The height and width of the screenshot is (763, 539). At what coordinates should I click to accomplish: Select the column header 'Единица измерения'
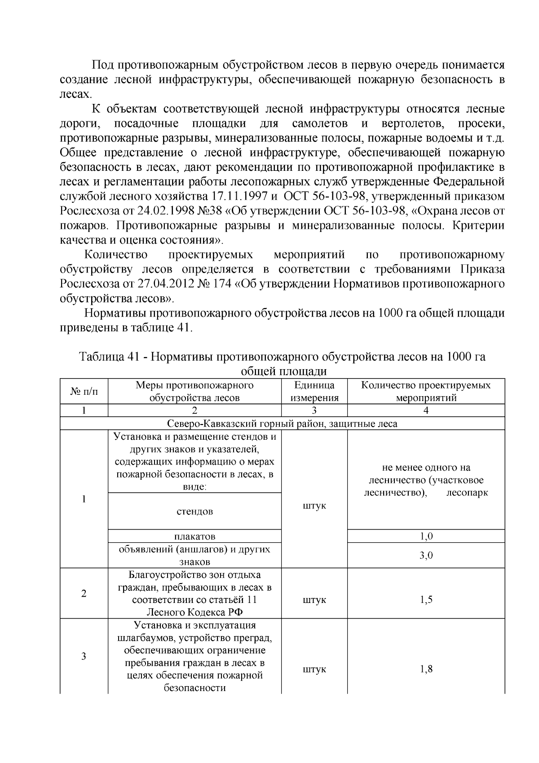pos(314,392)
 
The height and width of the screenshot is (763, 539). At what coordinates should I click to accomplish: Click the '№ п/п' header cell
pos(84,392)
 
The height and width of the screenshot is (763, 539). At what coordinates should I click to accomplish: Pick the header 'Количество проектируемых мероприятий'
pos(425,392)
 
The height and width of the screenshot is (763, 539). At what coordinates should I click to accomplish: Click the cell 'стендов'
pos(194,511)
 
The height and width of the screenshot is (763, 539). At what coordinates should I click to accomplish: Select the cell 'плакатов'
pos(194,536)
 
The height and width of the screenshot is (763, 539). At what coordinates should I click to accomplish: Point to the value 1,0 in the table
pos(426,536)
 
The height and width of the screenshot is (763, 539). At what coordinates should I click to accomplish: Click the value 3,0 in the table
pos(426,555)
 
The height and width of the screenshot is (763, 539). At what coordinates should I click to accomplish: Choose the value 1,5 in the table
pos(426,600)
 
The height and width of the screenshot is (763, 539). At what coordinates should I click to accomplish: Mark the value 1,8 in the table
pos(426,669)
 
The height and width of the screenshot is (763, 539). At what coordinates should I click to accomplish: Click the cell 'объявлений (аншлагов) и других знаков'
pos(194,555)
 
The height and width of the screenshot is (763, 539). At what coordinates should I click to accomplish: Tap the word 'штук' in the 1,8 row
pos(314,669)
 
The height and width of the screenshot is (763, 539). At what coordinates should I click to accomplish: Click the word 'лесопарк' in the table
pos(467,493)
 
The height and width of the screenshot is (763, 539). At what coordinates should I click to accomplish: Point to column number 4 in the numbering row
pos(426,410)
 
